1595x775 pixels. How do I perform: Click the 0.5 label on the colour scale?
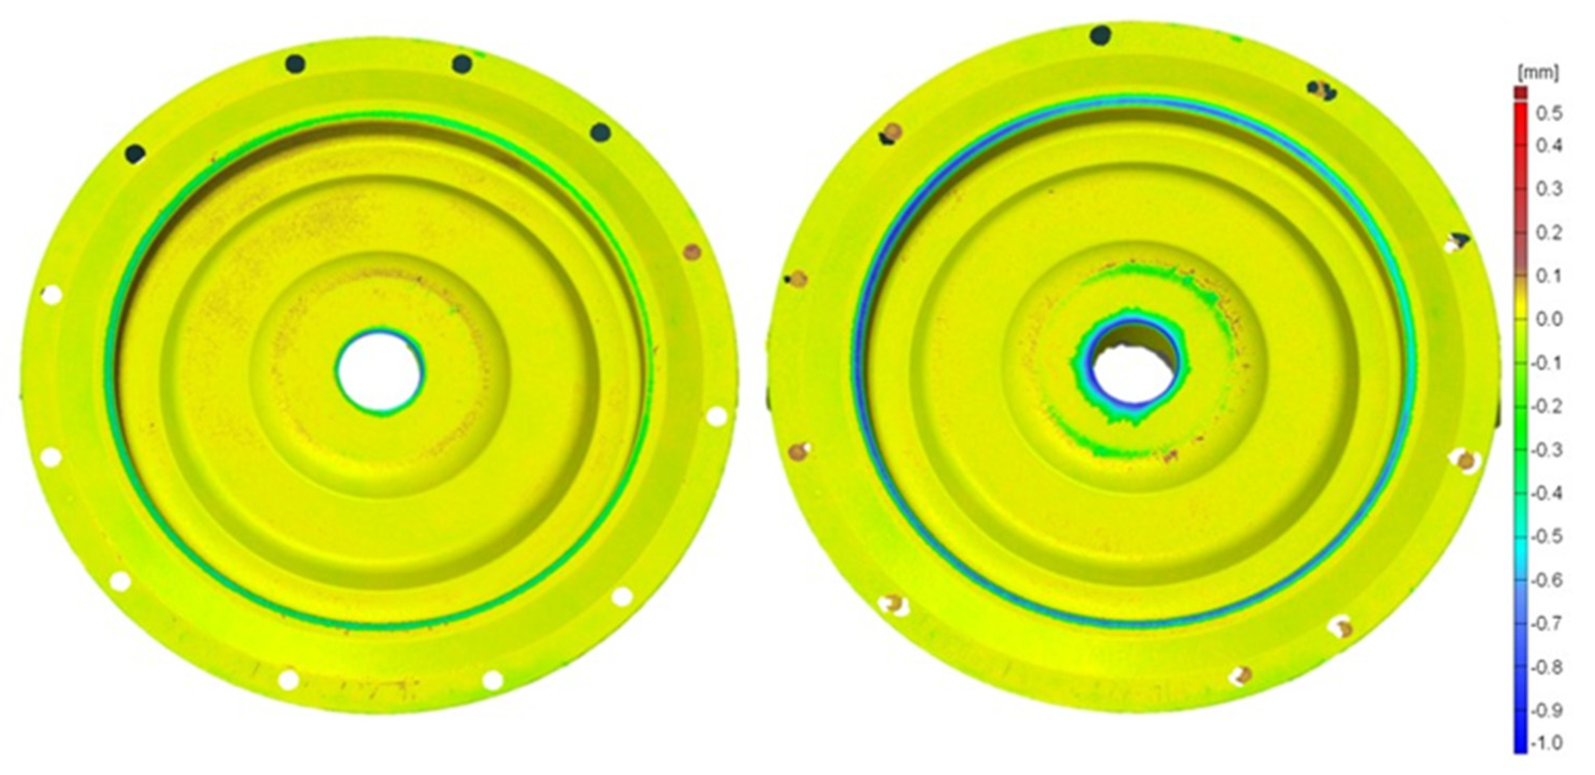(1549, 114)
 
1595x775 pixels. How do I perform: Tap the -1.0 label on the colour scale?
(1547, 742)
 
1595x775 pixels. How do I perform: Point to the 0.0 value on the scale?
(1549, 319)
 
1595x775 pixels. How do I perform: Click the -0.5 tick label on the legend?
(1547, 536)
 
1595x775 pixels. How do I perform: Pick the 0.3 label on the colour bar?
(1549, 189)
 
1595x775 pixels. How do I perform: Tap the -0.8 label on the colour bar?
(1547, 667)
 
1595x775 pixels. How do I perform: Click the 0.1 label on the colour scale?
(1549, 276)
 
